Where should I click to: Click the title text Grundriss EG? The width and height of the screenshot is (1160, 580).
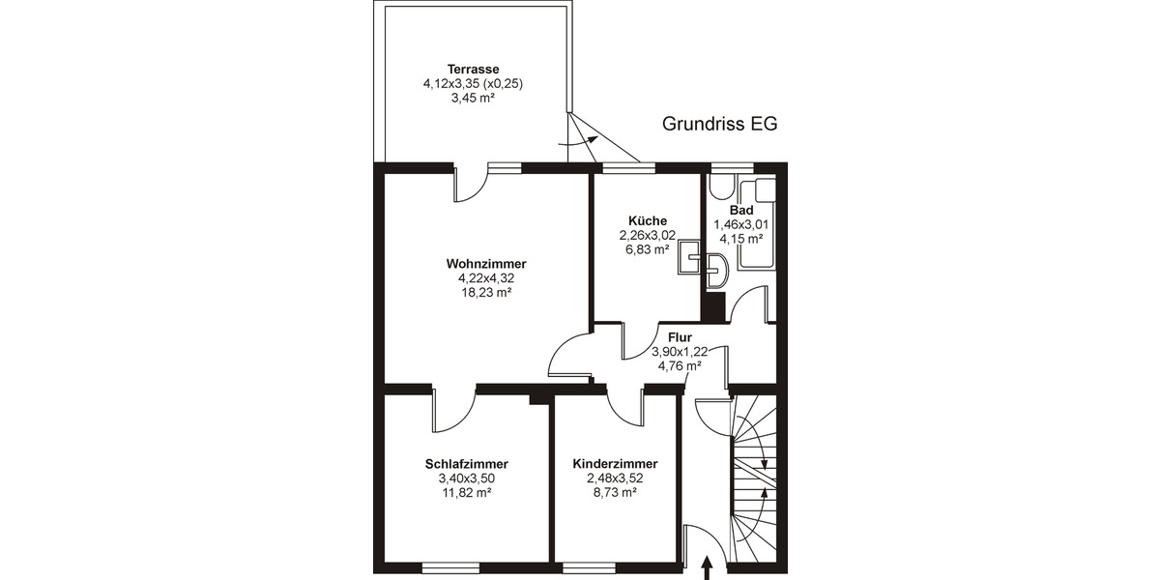click(719, 125)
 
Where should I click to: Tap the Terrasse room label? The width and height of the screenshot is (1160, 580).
click(473, 70)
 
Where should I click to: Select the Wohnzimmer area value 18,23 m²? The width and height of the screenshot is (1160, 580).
click(486, 293)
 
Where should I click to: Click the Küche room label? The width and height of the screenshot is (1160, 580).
click(647, 220)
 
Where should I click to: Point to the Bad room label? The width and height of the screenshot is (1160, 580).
click(741, 210)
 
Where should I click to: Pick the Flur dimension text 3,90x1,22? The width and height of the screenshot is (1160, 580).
click(680, 352)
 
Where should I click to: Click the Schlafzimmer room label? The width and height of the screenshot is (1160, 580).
click(466, 463)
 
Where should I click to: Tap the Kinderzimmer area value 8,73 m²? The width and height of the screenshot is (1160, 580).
click(615, 492)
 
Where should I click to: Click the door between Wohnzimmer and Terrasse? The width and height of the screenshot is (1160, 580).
click(471, 185)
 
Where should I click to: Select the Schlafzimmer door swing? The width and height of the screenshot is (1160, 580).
click(452, 411)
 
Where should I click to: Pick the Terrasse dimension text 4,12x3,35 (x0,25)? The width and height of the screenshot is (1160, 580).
click(473, 84)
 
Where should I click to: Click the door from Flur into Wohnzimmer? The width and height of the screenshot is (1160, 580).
click(570, 353)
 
